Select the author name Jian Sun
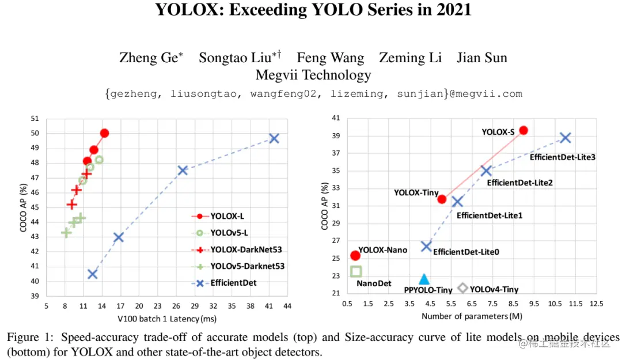point(481,58)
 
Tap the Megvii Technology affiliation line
point(313,75)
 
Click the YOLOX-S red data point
point(523,131)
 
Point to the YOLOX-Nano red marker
point(355,255)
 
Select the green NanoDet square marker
point(356,271)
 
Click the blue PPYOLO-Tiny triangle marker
point(424,279)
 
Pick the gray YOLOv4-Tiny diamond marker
point(462,288)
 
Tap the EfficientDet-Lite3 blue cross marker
point(566,138)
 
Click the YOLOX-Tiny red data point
point(442,199)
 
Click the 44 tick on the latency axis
point(287,306)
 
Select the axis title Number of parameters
point(471,316)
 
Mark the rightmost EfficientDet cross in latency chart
point(274,138)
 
